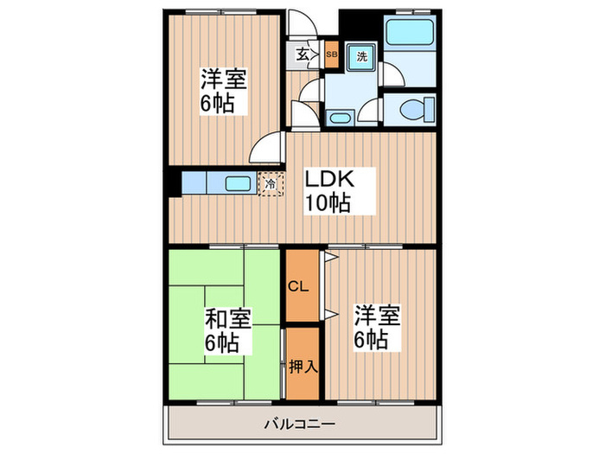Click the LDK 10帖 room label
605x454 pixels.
pos(326,193)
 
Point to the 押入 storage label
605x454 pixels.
pos(302,365)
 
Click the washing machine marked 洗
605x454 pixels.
pos(362,56)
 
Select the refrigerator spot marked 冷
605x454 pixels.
pos(271,183)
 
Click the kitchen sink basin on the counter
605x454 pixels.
pos(238,182)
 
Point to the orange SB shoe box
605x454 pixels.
pos(332,55)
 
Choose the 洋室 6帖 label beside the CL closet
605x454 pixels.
pos(375,326)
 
